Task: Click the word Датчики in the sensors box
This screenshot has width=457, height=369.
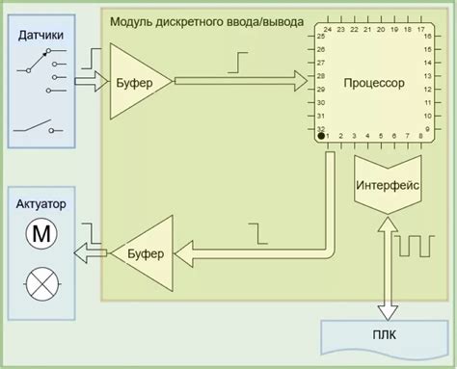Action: click(40, 36)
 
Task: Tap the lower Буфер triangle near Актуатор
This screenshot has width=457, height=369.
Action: click(144, 252)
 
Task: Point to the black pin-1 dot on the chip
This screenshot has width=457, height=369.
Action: click(321, 137)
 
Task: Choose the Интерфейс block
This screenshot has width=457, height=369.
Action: click(388, 186)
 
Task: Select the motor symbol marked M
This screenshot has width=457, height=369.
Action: click(40, 232)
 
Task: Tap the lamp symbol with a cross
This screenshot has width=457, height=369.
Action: click(40, 283)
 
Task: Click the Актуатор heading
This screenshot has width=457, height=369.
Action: click(41, 204)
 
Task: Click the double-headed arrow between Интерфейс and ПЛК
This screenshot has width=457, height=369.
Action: click(387, 269)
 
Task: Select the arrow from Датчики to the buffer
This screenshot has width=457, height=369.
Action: click(89, 83)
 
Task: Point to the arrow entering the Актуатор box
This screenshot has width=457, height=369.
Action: click(91, 252)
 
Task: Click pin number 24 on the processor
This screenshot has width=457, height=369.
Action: click(328, 30)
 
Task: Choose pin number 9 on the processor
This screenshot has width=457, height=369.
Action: click(425, 127)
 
